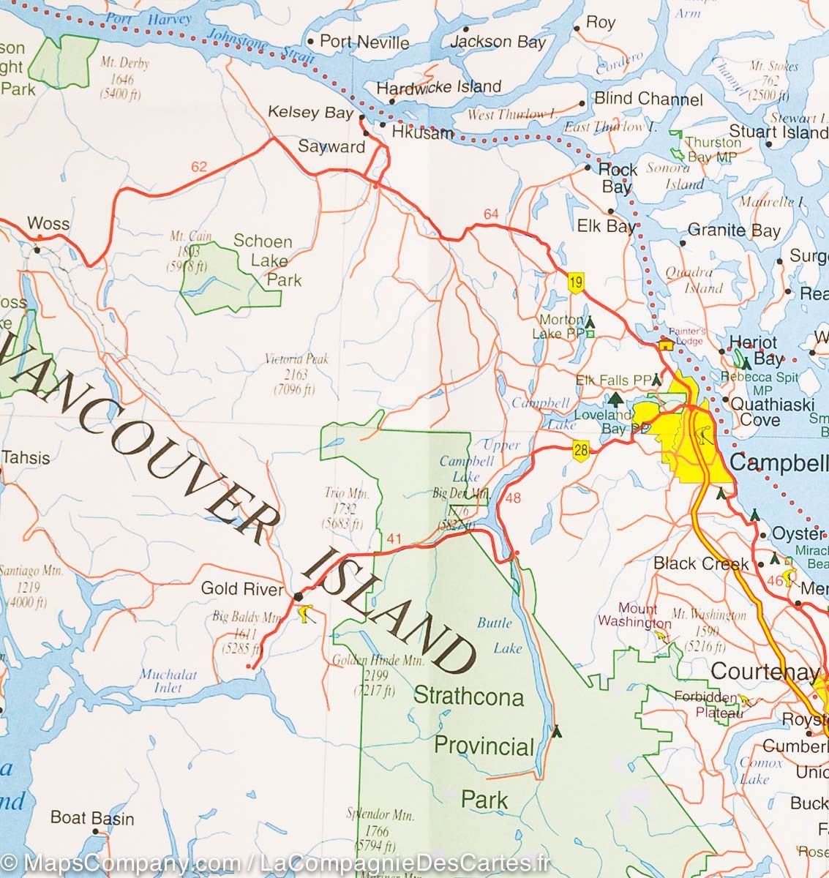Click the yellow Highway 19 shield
(577, 282)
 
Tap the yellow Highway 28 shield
(581, 451)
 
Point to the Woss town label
(48, 224)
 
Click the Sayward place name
(331, 146)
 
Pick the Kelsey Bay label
(311, 113)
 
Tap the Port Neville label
(364, 42)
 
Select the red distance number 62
(199, 167)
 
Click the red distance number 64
(490, 214)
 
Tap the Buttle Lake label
(499, 635)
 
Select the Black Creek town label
(701, 563)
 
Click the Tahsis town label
(26, 458)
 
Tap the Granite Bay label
(734, 231)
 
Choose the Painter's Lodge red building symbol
(666, 345)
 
